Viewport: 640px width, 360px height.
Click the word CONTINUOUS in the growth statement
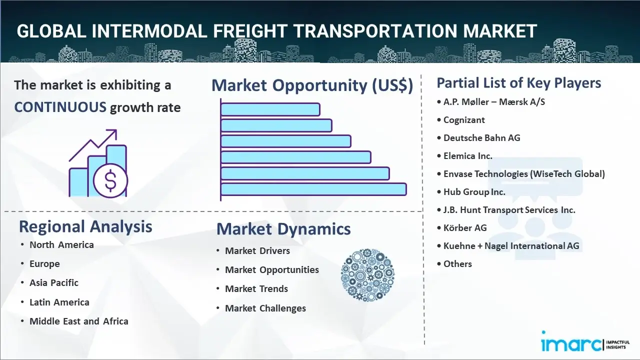pos(60,107)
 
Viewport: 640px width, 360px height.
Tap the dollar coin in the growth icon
pos(110,181)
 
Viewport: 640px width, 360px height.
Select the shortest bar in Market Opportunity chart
pos(270,109)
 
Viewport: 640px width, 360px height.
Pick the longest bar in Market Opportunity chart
pos(313,189)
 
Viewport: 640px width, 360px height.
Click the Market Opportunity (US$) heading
pos(312,85)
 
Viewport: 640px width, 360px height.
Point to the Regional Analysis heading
pos(85,226)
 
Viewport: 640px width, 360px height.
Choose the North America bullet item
pos(61,244)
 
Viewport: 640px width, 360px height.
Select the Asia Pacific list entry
pos(54,282)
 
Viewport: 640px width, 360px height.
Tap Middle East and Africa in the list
pos(79,321)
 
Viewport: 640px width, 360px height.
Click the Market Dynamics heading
pos(283,229)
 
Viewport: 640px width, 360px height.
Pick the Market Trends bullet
pos(256,288)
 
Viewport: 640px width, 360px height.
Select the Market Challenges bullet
pos(265,308)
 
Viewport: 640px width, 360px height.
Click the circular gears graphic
pos(367,275)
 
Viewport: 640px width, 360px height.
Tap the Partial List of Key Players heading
pos(518,82)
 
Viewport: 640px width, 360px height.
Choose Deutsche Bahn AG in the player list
pos(481,137)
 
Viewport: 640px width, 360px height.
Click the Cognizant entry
pos(464,119)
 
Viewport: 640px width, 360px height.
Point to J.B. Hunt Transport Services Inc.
pos(509,209)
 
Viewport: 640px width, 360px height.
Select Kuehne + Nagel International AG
pos(511,245)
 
